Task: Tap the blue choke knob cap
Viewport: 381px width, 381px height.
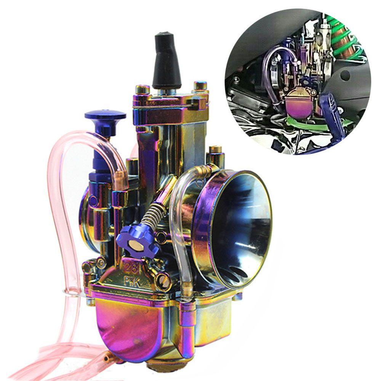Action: tap(105, 115)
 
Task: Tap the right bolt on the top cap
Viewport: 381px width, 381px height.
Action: tap(200, 86)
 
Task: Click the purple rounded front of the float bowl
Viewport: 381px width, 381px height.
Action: tap(126, 324)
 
